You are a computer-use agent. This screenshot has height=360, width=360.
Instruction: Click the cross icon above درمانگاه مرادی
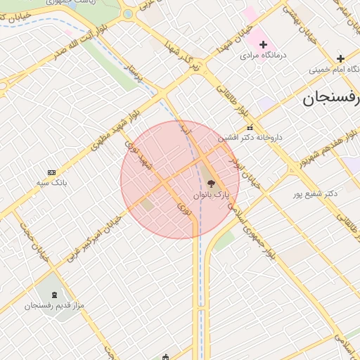click(264, 44)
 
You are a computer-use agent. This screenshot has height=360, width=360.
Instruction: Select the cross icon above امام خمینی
click(341, 58)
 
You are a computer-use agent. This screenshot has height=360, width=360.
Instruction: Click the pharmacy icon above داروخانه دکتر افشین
click(250, 127)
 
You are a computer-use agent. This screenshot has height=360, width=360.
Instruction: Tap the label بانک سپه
click(51, 183)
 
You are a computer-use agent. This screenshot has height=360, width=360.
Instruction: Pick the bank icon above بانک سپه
click(51, 172)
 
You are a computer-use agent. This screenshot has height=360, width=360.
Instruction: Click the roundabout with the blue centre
click(128, 13)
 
